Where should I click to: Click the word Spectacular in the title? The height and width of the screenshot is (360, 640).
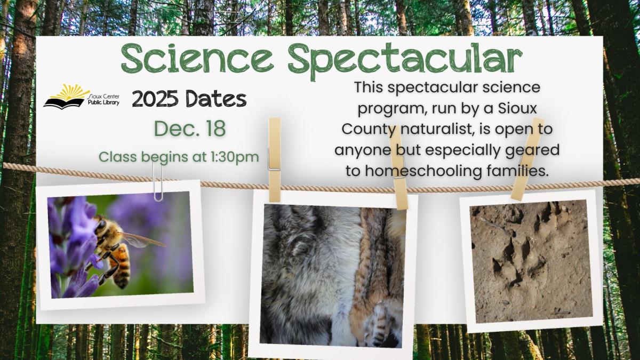tap(405, 59)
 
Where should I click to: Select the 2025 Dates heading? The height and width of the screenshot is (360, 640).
tap(189, 99)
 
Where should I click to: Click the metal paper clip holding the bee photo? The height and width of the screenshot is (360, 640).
tap(157, 181)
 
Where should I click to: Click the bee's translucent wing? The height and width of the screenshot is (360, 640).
tap(141, 239)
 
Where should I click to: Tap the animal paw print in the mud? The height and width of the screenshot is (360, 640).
tap(515, 256)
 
